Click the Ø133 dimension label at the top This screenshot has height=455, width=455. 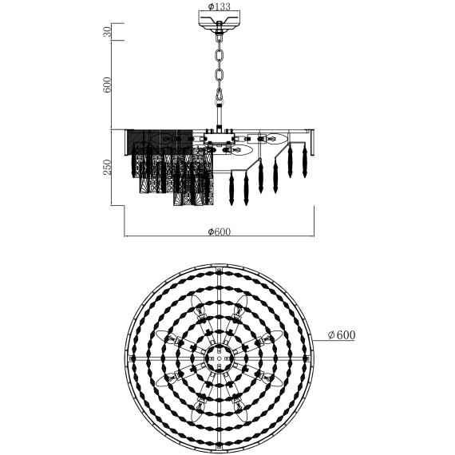click(220, 6)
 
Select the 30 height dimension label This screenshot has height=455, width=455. click(107, 32)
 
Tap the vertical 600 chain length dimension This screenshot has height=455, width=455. click(107, 85)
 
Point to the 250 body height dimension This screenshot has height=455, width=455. click(107, 167)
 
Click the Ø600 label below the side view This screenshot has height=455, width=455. click(220, 231)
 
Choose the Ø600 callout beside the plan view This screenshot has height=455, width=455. click(342, 335)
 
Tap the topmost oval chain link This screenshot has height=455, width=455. click(220, 56)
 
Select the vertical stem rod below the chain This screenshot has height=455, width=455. click(220, 117)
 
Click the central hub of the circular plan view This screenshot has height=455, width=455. click(220, 358)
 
